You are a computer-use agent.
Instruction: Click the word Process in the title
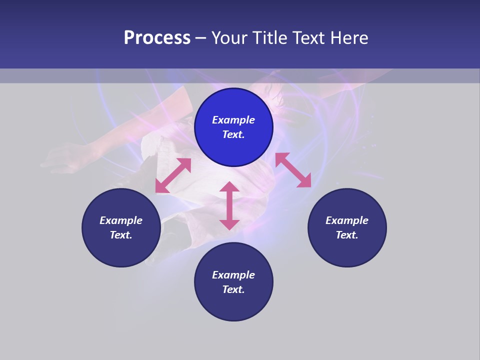[157, 38]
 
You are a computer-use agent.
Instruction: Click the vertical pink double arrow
[229, 205]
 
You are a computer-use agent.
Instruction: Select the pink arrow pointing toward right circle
[293, 170]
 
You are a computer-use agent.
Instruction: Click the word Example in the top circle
[233, 120]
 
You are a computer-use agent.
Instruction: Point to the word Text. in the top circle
[233, 134]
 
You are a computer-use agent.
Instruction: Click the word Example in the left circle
[121, 220]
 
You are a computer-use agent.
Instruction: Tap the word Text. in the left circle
[121, 235]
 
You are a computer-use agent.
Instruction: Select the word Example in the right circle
[347, 220]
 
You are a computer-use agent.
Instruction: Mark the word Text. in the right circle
[347, 235]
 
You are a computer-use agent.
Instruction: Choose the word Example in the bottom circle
[233, 275]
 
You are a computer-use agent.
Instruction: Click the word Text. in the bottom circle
[233, 289]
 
